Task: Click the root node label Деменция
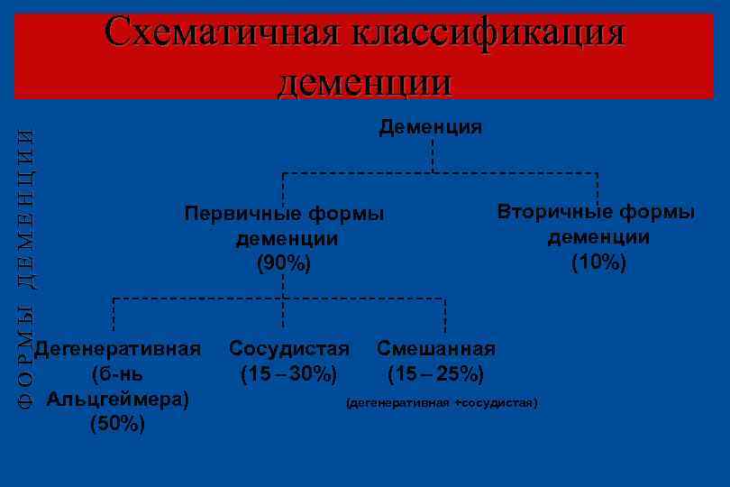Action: pyautogui.click(x=431, y=127)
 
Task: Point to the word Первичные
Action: pyautogui.click(x=240, y=214)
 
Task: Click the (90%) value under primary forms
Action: pyautogui.click(x=284, y=263)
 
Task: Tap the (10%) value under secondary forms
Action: pyautogui.click(x=598, y=262)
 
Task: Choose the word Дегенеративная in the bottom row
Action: pyautogui.click(x=123, y=348)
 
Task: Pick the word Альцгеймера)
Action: pyautogui.click(x=118, y=399)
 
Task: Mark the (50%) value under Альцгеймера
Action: pyautogui.click(x=117, y=424)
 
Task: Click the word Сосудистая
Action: pyautogui.click(x=289, y=348)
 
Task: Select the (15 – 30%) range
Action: pyautogui.click(x=288, y=373)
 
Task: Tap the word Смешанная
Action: pyautogui.click(x=436, y=348)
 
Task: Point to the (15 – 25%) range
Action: pyautogui.click(x=436, y=373)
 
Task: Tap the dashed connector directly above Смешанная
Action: pyautogui.click(x=444, y=317)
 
